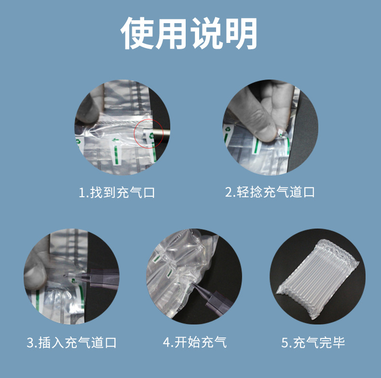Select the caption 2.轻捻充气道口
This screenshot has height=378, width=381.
(270, 192)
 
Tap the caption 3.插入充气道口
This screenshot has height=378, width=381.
(71, 343)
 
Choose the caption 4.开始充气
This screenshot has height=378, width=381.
(195, 343)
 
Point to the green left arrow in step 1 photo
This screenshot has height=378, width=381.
(115, 140)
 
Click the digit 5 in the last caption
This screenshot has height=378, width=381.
(285, 343)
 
